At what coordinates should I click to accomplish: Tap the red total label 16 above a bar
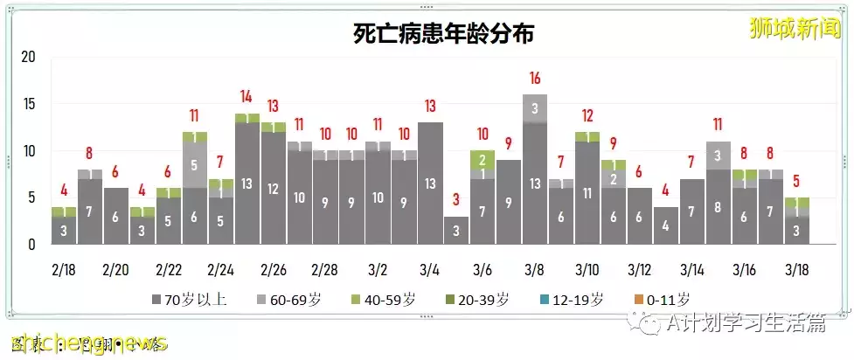pyautogui.click(x=535, y=79)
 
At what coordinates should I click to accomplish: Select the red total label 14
pyautogui.click(x=246, y=97)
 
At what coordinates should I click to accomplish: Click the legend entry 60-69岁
pyautogui.click(x=291, y=301)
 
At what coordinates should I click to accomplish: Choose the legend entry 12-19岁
pyautogui.click(x=573, y=301)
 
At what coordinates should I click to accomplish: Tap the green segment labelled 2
pyautogui.click(x=483, y=160)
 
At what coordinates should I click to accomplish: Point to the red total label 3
pyautogui.click(x=457, y=200)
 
